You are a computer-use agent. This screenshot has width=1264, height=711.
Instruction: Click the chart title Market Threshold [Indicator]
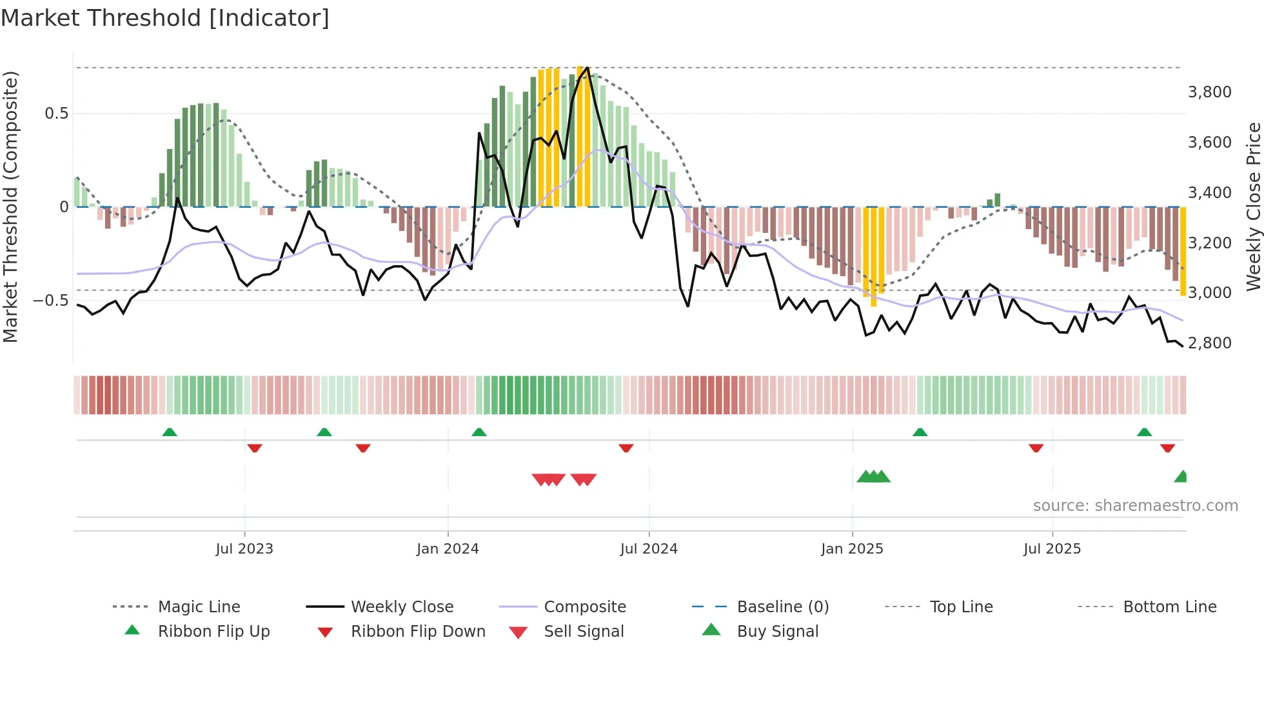pyautogui.click(x=165, y=18)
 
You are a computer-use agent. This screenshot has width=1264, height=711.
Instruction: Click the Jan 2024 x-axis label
pyautogui.click(x=448, y=549)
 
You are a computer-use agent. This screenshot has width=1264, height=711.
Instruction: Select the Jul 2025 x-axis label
pyautogui.click(x=1052, y=549)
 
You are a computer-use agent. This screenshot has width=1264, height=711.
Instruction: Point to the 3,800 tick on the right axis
pyautogui.click(x=1209, y=92)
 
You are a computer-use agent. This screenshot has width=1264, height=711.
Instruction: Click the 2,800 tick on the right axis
pyautogui.click(x=1209, y=343)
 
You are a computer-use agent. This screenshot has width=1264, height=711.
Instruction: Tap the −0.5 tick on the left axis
pyautogui.click(x=50, y=301)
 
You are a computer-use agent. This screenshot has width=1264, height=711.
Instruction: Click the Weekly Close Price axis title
pyautogui.click(x=1253, y=206)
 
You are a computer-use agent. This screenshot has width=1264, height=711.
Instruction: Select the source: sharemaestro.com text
pyautogui.click(x=1135, y=506)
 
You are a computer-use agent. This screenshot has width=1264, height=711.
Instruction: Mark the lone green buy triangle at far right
pyautogui.click(x=1181, y=477)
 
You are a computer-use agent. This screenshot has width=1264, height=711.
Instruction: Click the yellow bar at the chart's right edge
pyautogui.click(x=1183, y=252)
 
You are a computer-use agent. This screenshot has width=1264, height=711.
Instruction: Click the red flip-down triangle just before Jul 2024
pyautogui.click(x=626, y=448)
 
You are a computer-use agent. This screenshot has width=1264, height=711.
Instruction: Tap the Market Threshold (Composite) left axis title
pyautogui.click(x=10, y=206)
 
